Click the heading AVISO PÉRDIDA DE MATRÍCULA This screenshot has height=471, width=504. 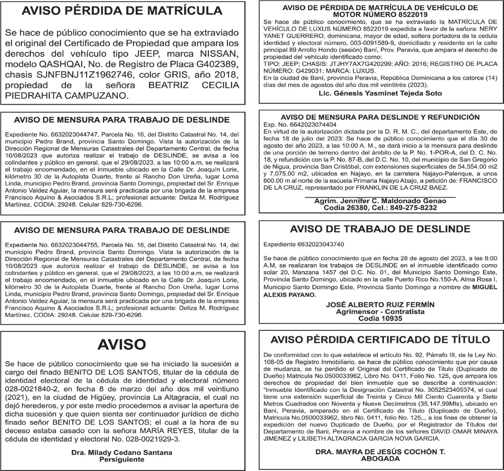[x=122, y=11]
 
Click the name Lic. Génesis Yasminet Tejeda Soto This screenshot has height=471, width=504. [x=380, y=93]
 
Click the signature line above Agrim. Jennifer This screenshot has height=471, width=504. [x=380, y=197]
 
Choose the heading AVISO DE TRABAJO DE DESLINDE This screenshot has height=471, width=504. [x=380, y=229]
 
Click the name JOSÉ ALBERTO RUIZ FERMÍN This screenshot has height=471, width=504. [x=380, y=305]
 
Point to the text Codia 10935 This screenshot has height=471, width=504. [x=380, y=318]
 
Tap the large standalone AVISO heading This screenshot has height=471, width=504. [x=122, y=345]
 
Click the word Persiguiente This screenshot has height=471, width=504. [x=122, y=460]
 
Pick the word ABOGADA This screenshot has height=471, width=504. [x=380, y=459]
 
